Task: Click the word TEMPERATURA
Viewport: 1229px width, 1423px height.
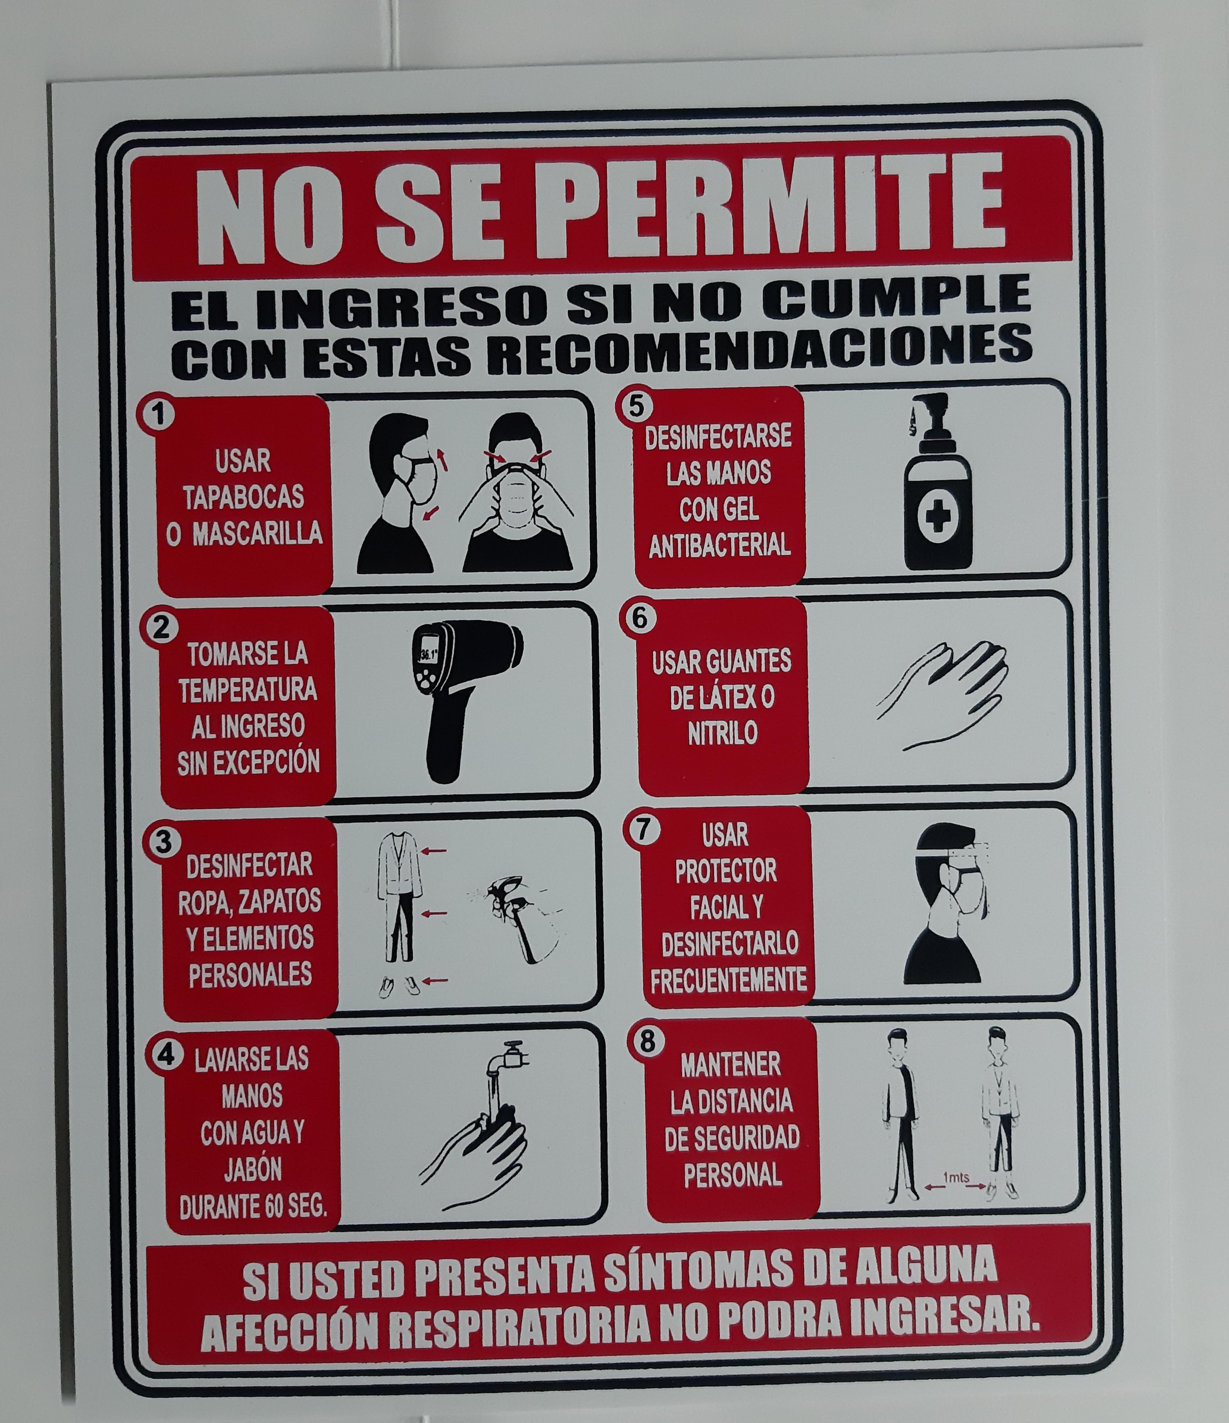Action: (x=248, y=690)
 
